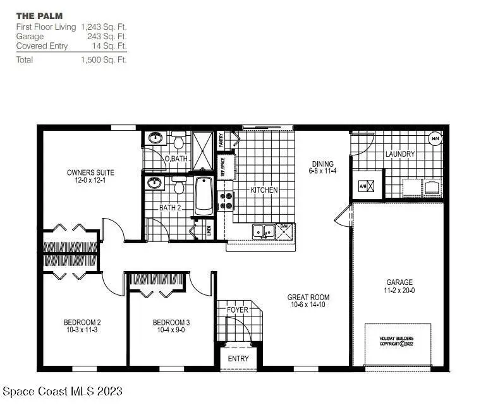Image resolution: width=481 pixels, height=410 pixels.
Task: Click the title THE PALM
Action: coord(39,15)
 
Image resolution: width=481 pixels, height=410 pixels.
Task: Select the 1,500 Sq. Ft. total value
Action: coord(104,60)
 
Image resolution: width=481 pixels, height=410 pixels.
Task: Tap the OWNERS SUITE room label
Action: coord(90,172)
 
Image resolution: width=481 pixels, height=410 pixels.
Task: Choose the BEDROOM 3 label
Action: coord(171,322)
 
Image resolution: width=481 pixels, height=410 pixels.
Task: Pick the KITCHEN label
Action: coord(264,190)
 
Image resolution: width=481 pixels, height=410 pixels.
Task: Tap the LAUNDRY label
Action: coord(399,154)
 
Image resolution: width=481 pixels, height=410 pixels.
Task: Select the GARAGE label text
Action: coord(399,282)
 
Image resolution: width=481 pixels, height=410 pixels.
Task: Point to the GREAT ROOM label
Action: coord(308,297)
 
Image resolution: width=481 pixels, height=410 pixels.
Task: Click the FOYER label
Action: coord(238,310)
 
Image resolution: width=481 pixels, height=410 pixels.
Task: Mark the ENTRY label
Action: coord(238,359)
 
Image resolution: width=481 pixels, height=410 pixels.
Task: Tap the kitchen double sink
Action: coord(264,232)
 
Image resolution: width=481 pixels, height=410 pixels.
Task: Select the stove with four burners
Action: coord(226,200)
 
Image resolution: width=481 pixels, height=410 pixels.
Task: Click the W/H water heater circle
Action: coord(435,138)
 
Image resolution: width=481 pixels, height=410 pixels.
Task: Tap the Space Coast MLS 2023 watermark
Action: coord(63,392)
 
